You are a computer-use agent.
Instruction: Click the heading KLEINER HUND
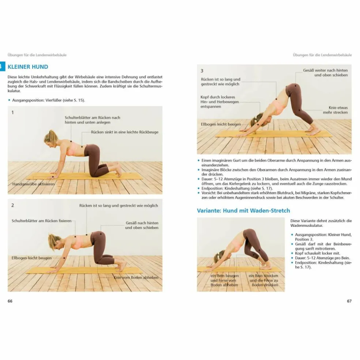pyautogui.click(x=28, y=67)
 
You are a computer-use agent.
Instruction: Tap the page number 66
pyautogui.click(x=10, y=301)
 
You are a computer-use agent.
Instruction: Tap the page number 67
pyautogui.click(x=349, y=301)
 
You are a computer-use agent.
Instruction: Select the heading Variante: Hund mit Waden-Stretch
pyautogui.click(x=243, y=210)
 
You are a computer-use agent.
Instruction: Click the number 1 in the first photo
pyautogui.click(x=12, y=113)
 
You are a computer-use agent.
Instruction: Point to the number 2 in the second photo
pyautogui.click(x=12, y=205)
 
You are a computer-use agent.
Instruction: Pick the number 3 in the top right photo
pyautogui.click(x=202, y=71)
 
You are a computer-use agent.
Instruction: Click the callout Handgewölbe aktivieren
pyautogui.click(x=33, y=184)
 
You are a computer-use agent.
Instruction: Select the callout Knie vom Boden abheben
pyautogui.click(x=136, y=277)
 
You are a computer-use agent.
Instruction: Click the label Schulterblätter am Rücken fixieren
pyautogui.click(x=41, y=221)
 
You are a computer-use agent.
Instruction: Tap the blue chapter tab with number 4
pyautogui.click(x=2, y=67)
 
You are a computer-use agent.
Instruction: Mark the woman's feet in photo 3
pyautogui.click(x=313, y=130)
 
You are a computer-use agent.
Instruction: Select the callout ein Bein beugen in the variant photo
pyautogui.click(x=224, y=280)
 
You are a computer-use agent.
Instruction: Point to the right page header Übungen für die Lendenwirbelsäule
pyautogui.click(x=322, y=55)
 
